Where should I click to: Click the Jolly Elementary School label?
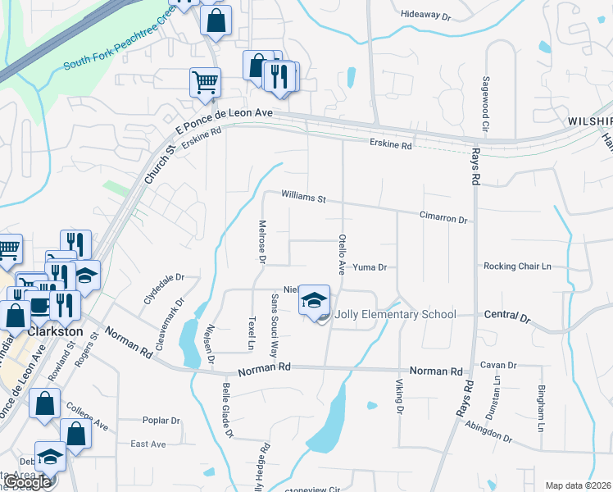397,315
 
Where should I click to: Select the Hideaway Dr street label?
425,15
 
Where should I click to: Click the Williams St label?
303,198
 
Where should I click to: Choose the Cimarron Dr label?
443,220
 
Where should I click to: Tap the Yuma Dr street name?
369,267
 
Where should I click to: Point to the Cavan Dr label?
498,365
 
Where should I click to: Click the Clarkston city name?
56,331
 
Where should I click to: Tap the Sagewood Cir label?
485,104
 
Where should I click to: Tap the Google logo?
27,482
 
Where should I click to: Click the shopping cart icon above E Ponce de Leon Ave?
204,82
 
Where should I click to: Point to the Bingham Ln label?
541,408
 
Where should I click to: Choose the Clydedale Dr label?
164,289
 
